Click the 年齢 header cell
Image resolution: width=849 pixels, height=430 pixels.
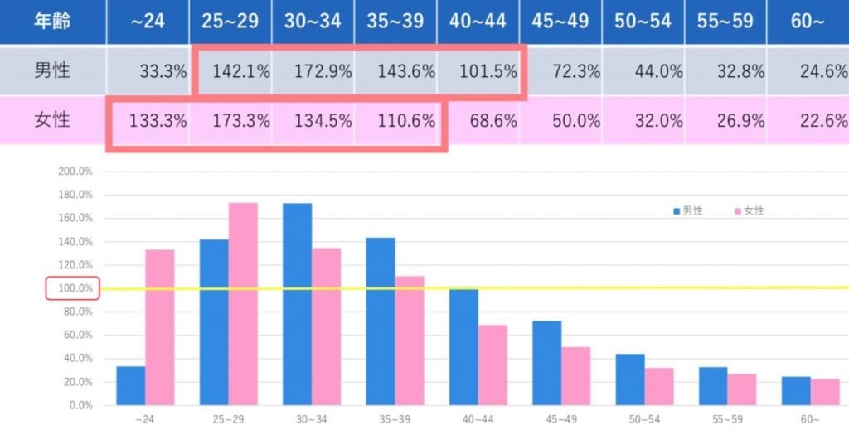pos(52,22)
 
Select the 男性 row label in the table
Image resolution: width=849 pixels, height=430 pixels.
pos(52,71)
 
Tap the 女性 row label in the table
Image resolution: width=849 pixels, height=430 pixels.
pos(52,120)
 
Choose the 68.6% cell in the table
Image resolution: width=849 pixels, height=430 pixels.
pos(492,120)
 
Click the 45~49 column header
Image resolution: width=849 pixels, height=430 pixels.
pos(560,22)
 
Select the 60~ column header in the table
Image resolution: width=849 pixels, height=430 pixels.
pos(808,22)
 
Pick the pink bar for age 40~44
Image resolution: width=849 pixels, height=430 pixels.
pos(492,365)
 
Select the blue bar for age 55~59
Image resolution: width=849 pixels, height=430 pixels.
pos(713,386)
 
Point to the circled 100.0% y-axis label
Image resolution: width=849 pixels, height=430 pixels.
pos(74,288)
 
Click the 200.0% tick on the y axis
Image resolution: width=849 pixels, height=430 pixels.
pos(74,172)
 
